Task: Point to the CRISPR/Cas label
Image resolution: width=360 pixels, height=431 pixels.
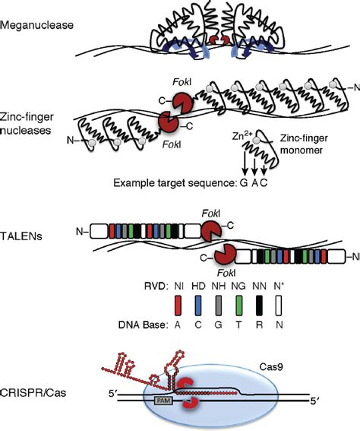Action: pyautogui.click(x=31, y=393)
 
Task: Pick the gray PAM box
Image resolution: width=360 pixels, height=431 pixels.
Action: pyautogui.click(x=163, y=398)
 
